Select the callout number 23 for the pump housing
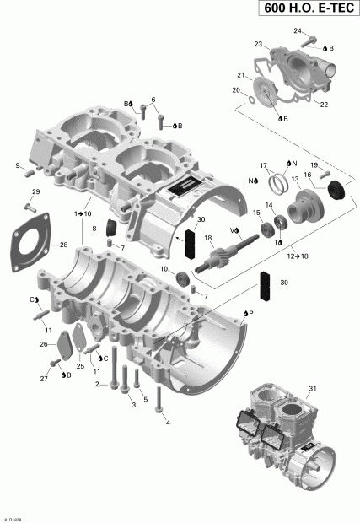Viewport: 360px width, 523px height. tap(259, 44)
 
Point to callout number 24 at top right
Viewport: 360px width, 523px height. tap(297, 30)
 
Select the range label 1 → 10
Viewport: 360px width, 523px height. tap(83, 214)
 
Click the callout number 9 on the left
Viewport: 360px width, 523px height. tap(18, 165)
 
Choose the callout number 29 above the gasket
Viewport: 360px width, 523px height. tap(35, 193)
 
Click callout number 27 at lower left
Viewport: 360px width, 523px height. tap(42, 380)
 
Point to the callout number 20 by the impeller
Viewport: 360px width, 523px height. tap(236, 90)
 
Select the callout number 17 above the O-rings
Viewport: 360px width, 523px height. tap(263, 165)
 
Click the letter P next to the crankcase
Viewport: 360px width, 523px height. tap(251, 311)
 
